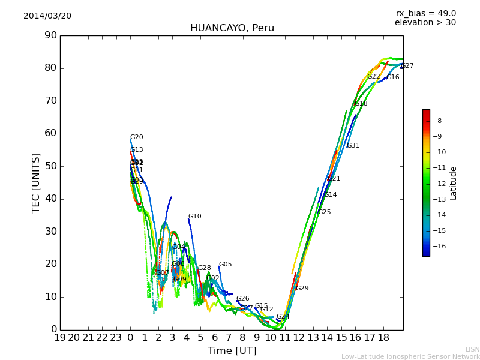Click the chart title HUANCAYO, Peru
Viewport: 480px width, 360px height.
tap(232, 28)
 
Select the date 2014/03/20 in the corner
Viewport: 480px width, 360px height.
tap(47, 16)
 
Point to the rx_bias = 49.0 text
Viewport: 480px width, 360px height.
tap(425, 14)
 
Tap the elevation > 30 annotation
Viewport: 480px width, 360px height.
tap(425, 23)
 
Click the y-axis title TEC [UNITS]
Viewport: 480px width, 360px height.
tap(36, 182)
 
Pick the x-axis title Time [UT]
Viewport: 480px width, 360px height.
tap(232, 350)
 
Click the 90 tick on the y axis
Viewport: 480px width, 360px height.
tap(50, 35)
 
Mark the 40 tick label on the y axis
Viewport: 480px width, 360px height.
tap(50, 199)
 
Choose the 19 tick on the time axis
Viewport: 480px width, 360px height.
tap(60, 338)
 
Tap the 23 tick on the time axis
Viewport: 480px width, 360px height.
tap(116, 338)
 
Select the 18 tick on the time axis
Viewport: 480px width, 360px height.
tap(383, 338)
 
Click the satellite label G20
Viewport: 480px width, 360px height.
tap(137, 137)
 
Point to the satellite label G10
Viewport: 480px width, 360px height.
tap(195, 217)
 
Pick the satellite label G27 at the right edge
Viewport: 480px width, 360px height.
tap(407, 66)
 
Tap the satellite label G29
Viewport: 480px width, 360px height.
tap(302, 289)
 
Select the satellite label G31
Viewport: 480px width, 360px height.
tap(353, 146)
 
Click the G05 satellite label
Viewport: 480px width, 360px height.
tap(225, 265)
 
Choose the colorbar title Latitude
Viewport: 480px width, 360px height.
tap(454, 182)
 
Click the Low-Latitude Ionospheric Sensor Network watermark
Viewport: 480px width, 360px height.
tap(410, 357)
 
